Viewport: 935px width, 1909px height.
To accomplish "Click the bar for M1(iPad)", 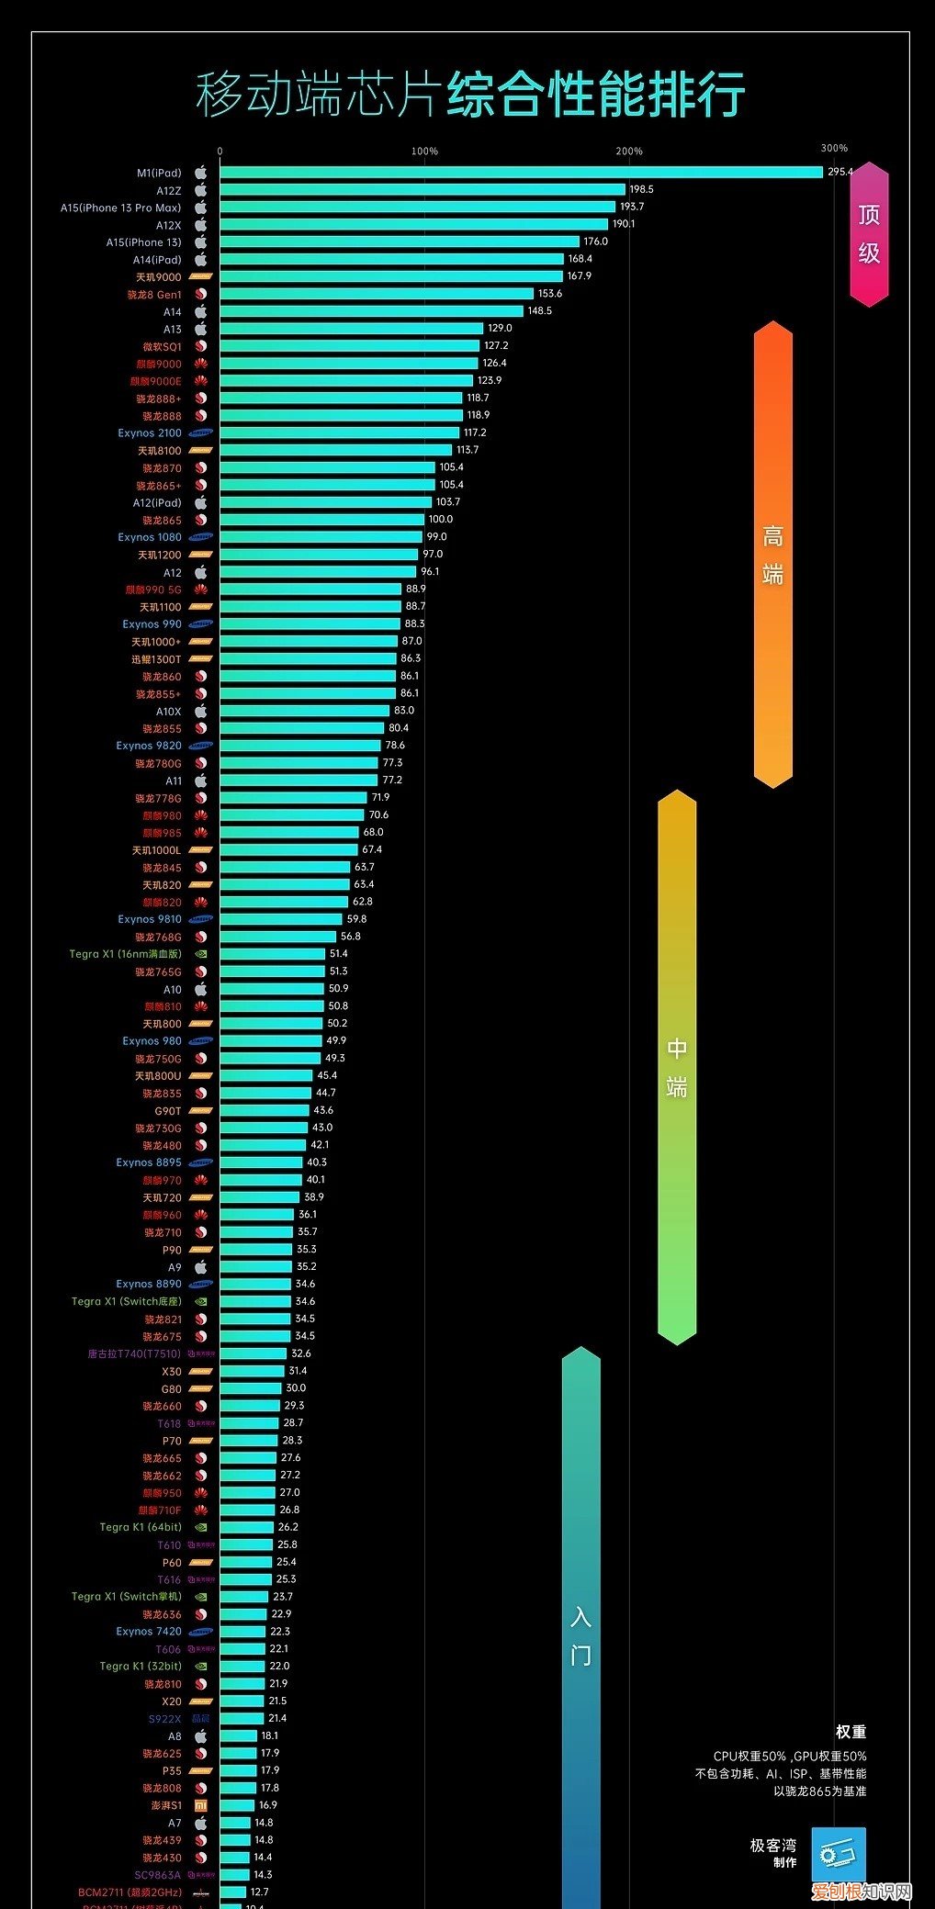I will pyautogui.click(x=521, y=173).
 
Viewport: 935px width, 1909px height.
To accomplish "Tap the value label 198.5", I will pyautogui.click(x=641, y=189).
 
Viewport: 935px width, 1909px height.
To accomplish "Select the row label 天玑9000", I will pyautogui.click(x=159, y=277).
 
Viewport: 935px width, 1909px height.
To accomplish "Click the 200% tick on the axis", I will pyautogui.click(x=629, y=152).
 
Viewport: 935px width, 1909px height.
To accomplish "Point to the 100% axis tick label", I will pyautogui.click(x=424, y=152).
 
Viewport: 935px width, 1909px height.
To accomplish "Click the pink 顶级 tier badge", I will pyautogui.click(x=869, y=234).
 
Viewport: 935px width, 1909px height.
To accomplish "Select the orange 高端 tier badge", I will pyautogui.click(x=772, y=555).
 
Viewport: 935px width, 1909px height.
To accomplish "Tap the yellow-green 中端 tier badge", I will pyautogui.click(x=677, y=1067).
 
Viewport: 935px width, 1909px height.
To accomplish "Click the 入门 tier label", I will pyautogui.click(x=580, y=1634).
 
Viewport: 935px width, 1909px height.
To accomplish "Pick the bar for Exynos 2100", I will pyautogui.click(x=339, y=433).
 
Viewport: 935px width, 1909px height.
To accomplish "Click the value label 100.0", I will pyautogui.click(x=441, y=520).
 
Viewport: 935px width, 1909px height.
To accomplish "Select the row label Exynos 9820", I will pyautogui.click(x=149, y=747).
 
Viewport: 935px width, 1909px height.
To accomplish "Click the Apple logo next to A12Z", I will pyautogui.click(x=201, y=190).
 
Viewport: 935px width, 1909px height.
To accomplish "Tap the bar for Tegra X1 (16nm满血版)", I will pyautogui.click(x=272, y=955).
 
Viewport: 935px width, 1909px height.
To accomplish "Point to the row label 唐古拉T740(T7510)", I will pyautogui.click(x=134, y=1354).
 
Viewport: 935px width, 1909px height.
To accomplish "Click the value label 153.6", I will pyautogui.click(x=550, y=294).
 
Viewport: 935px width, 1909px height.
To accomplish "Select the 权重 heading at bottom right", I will pyautogui.click(x=851, y=1733).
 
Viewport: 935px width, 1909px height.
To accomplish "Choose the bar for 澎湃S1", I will pyautogui.click(x=237, y=1806).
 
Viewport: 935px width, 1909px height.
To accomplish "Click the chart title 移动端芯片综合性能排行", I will pyautogui.click(x=469, y=94).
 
